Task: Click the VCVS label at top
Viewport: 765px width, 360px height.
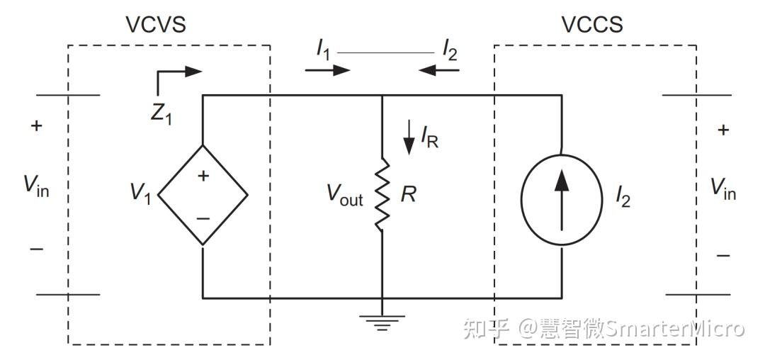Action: (155, 25)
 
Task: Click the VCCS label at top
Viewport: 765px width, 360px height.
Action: (591, 25)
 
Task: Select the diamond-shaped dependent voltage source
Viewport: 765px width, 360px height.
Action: (203, 195)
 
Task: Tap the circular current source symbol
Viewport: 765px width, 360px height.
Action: (561, 198)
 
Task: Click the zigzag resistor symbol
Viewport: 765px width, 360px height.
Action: (382, 195)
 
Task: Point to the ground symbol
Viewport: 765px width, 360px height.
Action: (382, 322)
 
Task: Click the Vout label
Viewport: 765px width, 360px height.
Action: (344, 196)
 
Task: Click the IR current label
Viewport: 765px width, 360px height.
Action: (429, 137)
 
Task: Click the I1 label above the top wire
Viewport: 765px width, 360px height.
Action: (323, 50)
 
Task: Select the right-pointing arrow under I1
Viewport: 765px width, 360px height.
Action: (327, 70)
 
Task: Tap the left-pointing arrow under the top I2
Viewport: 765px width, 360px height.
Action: (438, 70)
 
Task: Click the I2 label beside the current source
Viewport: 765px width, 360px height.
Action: (623, 198)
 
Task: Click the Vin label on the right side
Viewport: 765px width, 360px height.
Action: (722, 189)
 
